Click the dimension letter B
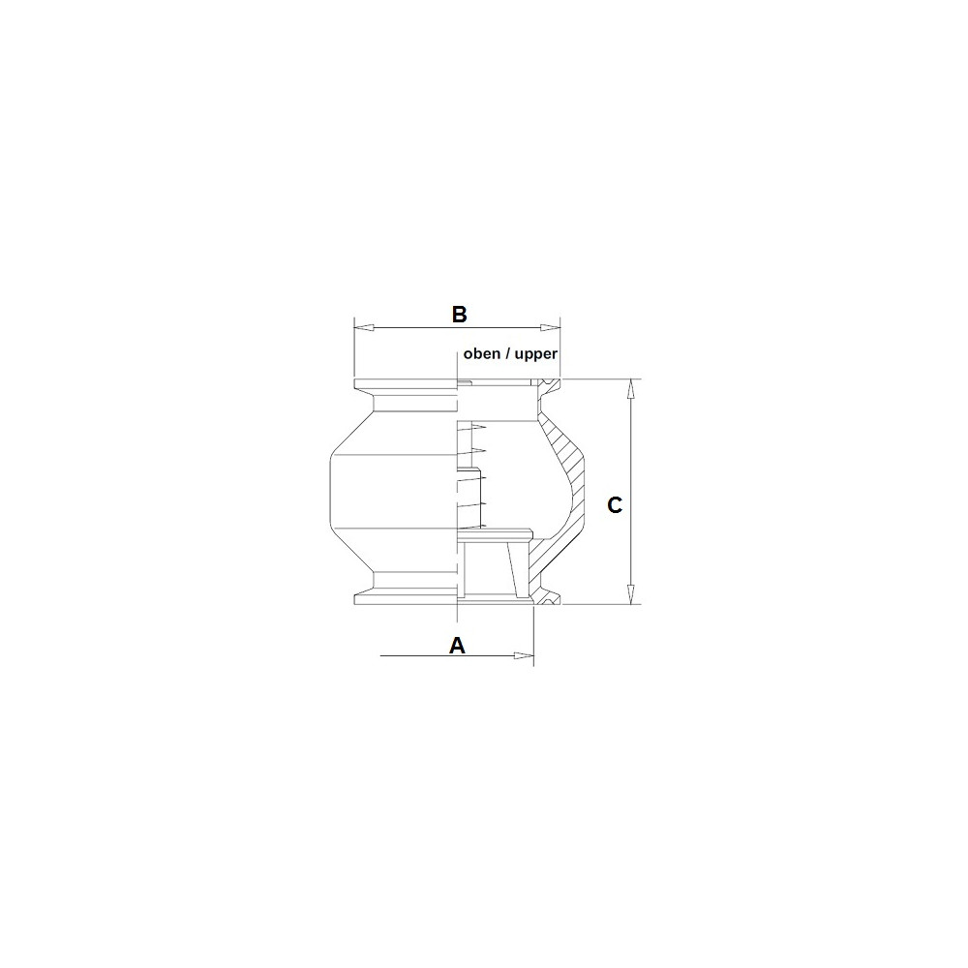pyautogui.click(x=459, y=315)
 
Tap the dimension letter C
pyautogui.click(x=615, y=505)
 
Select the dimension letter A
pyautogui.click(x=457, y=645)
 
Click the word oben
pyautogui.click(x=481, y=353)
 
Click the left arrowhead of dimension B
pyautogui.click(x=364, y=327)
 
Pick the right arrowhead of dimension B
pyautogui.click(x=550, y=327)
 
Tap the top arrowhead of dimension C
pyautogui.click(x=630, y=389)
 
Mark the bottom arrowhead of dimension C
pyautogui.click(x=630, y=594)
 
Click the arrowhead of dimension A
pyautogui.click(x=524, y=655)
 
